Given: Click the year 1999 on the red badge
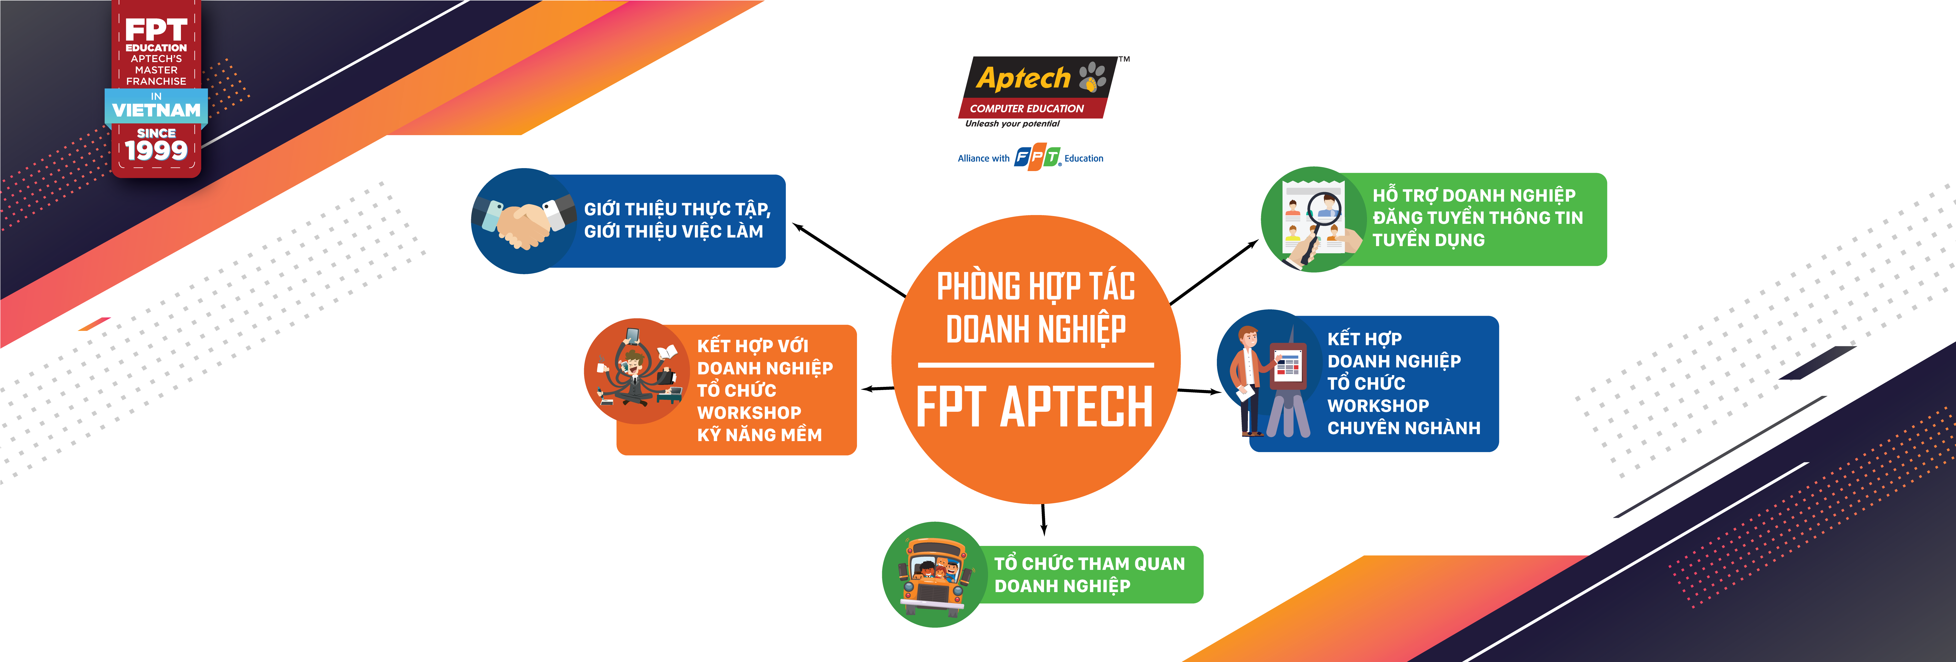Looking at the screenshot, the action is pyautogui.click(x=156, y=150).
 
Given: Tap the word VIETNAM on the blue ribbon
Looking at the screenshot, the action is pyautogui.click(x=156, y=110).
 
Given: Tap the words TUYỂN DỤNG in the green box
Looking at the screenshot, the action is pyautogui.click(x=1428, y=240).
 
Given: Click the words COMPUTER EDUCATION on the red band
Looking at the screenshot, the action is pyautogui.click(x=1027, y=109).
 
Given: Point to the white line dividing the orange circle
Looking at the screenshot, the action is pyautogui.click(x=1036, y=365).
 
